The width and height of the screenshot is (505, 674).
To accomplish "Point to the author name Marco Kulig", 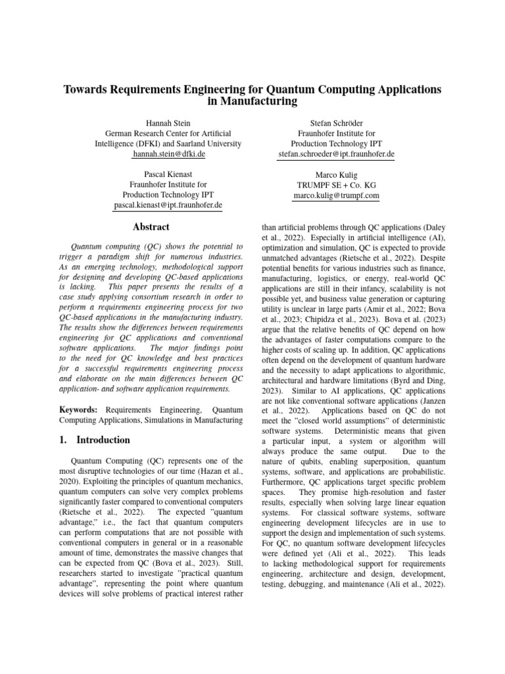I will [336, 174].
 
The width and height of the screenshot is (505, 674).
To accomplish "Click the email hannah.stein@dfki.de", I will [168, 154].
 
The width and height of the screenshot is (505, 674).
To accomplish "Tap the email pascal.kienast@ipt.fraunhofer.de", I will [168, 205].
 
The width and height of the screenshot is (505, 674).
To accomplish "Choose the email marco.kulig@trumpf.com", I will [336, 195].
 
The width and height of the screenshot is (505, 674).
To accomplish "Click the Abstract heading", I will [151, 227].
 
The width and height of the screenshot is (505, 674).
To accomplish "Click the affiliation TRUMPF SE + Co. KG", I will [336, 185].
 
